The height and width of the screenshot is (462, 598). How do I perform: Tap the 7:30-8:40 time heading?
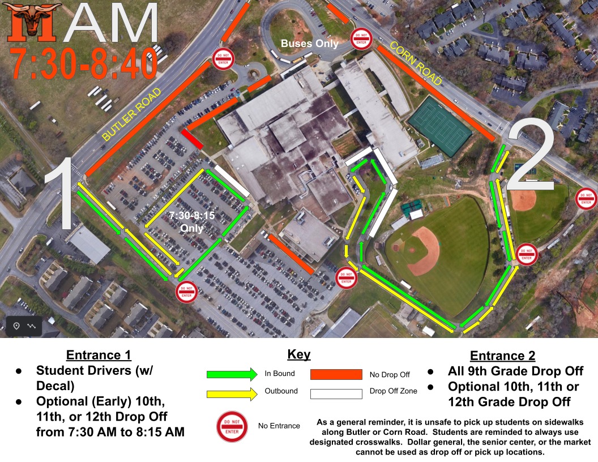(84, 63)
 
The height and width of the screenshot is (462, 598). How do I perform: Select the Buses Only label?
(310, 44)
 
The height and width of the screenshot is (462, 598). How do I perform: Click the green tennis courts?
(440, 127)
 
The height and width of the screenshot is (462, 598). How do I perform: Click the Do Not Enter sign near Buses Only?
(361, 38)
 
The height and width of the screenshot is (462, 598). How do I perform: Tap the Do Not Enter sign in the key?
(232, 426)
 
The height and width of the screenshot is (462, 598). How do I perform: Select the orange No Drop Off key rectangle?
(336, 374)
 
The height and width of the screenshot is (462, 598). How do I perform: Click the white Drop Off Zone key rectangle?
(336, 393)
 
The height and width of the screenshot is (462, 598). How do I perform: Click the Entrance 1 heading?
(99, 355)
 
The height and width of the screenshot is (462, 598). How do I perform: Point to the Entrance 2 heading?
(502, 356)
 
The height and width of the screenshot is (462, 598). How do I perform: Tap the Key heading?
(299, 354)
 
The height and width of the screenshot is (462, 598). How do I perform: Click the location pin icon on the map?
(16, 326)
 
